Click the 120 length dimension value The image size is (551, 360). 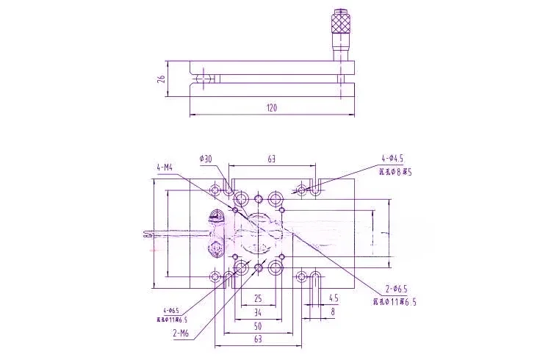coord(271,108)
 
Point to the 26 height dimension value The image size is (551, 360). coord(161,78)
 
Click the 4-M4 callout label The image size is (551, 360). coord(164,168)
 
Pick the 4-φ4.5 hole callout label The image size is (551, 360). coord(392,159)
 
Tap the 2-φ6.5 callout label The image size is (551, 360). coord(395,288)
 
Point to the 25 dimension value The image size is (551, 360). coord(258,299)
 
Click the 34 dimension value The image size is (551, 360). coord(258,312)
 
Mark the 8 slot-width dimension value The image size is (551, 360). coord(334,312)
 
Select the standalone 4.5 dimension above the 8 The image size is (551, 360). coord(334,299)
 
